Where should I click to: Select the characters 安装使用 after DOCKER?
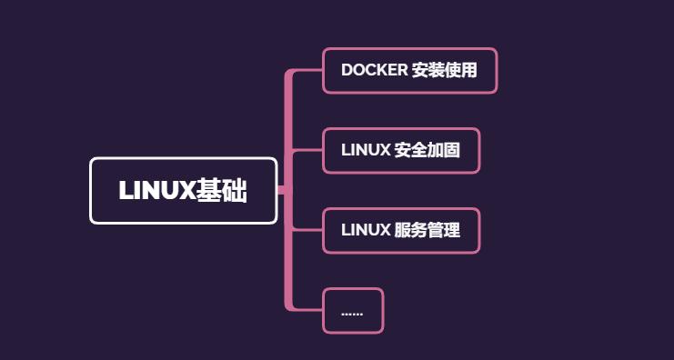coord(445,70)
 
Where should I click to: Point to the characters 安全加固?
coord(427,151)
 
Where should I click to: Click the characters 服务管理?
coord(427,231)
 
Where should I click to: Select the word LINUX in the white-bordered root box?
coord(156,191)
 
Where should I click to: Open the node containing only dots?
coord(353,311)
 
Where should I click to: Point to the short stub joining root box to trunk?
coord(281,190)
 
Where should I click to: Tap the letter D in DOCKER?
coord(347,70)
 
